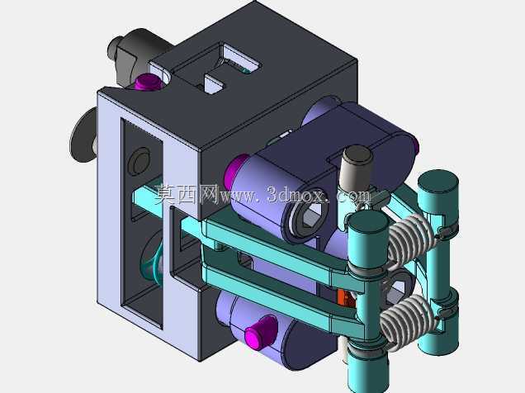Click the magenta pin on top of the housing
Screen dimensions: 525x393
click(x=146, y=83)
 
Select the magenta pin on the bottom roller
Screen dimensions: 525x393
click(x=261, y=331)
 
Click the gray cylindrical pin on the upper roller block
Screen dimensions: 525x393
click(x=357, y=168)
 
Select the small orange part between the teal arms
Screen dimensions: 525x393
click(x=343, y=298)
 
